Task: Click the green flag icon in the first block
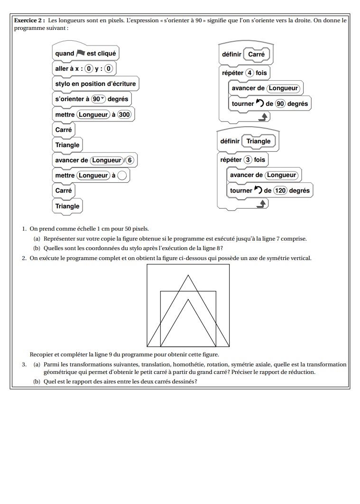pos(80,53)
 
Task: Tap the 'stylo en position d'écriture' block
pos(95,84)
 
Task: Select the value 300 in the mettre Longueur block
pos(124,114)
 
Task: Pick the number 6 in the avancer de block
pos(130,160)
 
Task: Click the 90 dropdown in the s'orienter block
pos(98,99)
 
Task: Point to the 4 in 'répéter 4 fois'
pos(249,73)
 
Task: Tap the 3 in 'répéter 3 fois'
pos(248,160)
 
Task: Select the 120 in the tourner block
pos(280,191)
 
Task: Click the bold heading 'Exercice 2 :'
pos(29,21)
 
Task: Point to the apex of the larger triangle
pos(188,275)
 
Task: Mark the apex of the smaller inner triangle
pos(188,299)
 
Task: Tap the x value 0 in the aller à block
pos(88,69)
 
